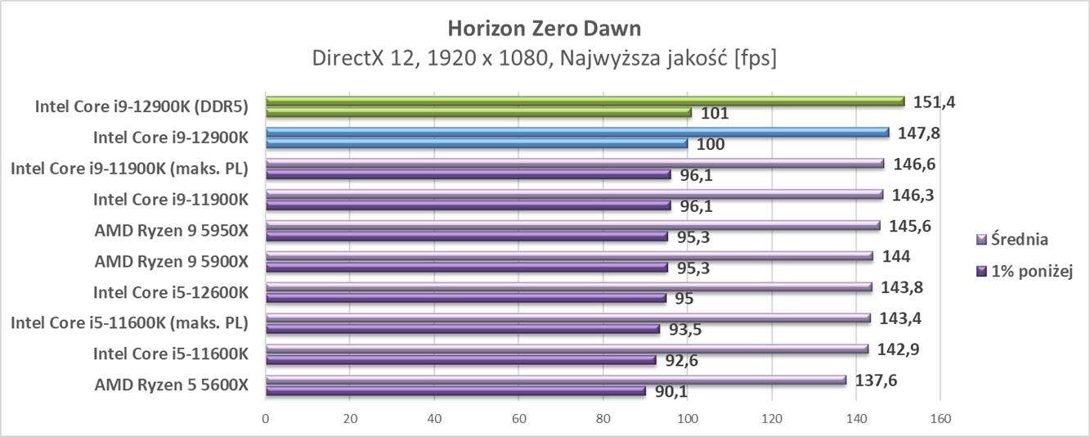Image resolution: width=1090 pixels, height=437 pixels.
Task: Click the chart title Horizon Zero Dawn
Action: coord(544,28)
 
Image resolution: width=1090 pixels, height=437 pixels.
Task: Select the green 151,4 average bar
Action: coord(585,101)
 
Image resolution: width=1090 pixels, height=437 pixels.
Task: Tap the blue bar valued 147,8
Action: coord(576,133)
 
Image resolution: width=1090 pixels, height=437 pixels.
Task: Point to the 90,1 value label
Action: coord(671,392)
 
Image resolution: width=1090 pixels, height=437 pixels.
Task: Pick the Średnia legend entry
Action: coord(1019,240)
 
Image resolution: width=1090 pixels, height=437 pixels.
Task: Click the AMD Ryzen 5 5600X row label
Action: coord(170,385)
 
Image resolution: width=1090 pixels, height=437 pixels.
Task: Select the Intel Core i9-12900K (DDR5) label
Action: coord(141,106)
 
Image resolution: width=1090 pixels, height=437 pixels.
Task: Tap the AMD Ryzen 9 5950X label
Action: coord(170,230)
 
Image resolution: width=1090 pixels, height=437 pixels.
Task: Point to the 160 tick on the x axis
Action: coord(940,419)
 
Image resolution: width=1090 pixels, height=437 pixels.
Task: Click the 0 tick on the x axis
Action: coord(266,419)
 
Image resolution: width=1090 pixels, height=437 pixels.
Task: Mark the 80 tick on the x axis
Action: coord(603,419)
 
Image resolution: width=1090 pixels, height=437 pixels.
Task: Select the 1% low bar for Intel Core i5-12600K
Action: coord(466,299)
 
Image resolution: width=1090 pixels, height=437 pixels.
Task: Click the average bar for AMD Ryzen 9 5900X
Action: coord(568,256)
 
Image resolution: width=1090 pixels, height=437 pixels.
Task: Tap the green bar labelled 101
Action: coord(478,113)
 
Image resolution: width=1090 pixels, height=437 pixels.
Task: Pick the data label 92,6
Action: coord(680,361)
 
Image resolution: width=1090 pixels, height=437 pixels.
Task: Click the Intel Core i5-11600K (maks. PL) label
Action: coord(128,323)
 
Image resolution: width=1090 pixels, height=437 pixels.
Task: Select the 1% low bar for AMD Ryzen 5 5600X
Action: coord(455,391)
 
